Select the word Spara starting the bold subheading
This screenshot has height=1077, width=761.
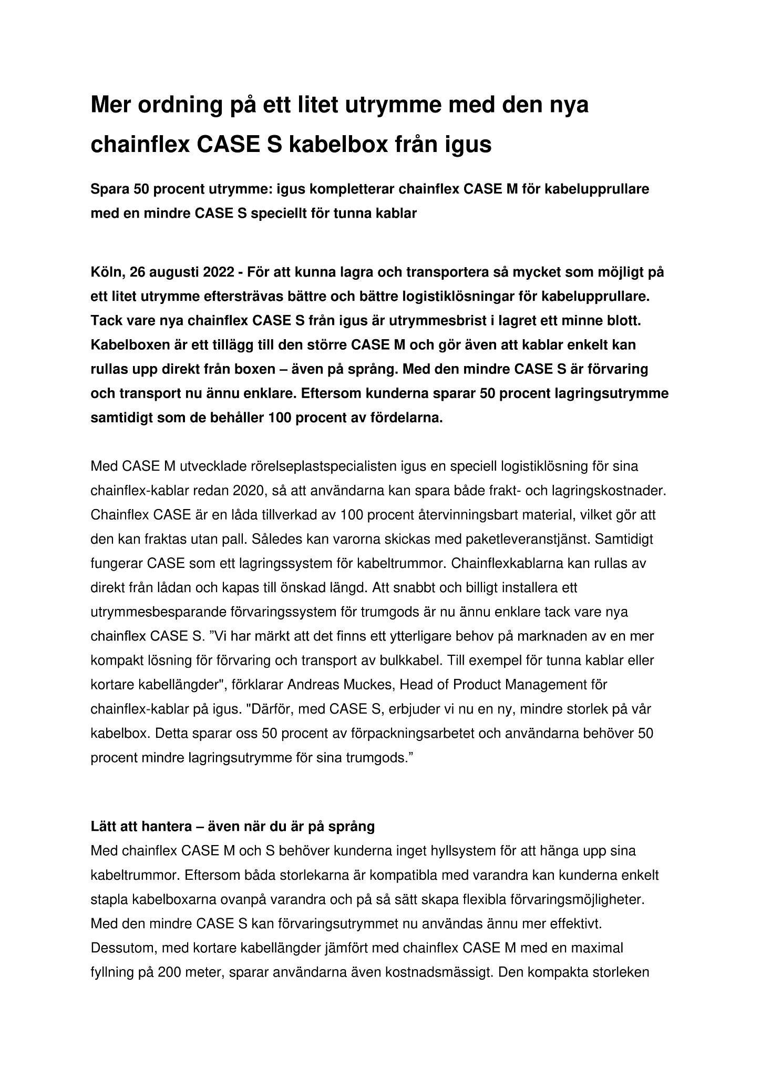click(110, 189)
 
